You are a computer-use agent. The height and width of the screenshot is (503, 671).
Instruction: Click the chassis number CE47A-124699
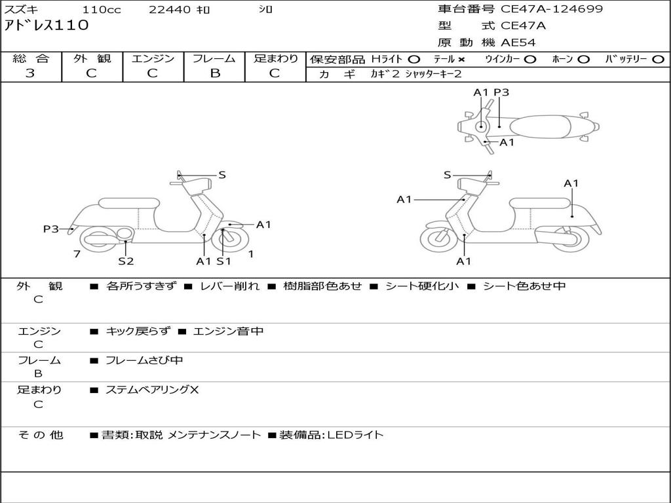pos(552,9)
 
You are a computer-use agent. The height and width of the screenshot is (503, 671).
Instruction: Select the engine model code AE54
pos(518,43)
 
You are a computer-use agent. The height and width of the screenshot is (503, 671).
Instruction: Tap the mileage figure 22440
pos(169,10)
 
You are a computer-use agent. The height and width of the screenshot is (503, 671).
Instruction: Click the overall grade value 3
pos(30,73)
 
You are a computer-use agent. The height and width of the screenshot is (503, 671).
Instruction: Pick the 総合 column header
pos(31,58)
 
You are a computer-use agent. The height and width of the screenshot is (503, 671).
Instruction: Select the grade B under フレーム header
pos(214,73)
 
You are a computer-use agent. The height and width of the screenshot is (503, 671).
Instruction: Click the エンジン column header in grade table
pos(153,58)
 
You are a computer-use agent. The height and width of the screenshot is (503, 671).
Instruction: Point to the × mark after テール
pos(461,60)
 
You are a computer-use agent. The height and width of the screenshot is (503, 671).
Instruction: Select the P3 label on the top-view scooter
pos(501,92)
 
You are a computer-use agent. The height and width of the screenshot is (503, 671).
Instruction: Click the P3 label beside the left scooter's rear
pos(51,229)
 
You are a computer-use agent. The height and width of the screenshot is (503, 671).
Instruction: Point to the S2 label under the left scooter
pos(126,261)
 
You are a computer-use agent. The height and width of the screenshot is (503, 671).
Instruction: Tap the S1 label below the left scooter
pos(224,261)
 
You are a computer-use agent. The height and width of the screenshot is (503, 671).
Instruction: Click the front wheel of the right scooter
pos(438,239)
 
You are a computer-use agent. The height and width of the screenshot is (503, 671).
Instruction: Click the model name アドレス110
pos(46,26)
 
